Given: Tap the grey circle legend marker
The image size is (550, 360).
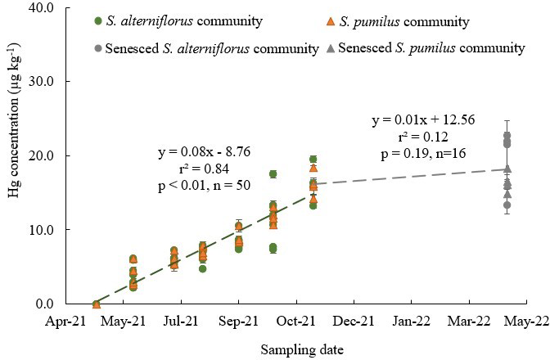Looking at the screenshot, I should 98,48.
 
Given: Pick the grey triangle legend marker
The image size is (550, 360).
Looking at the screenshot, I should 331,48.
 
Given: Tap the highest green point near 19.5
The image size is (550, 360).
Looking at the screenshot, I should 313,160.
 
